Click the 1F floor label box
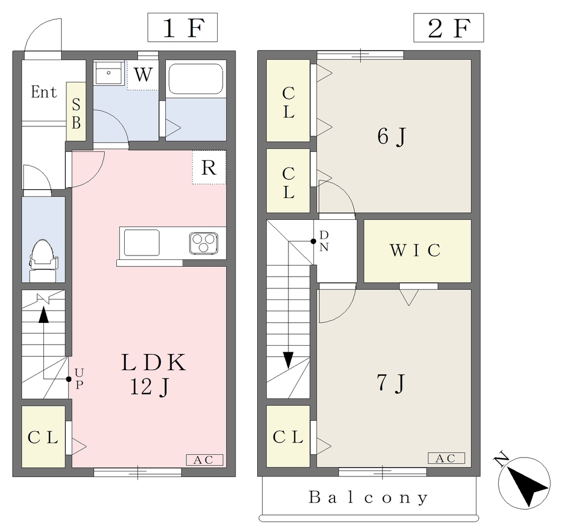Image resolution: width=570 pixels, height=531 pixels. point(182,27)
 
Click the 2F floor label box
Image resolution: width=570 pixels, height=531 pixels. point(448,28)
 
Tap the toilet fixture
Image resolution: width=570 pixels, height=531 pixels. point(43,260)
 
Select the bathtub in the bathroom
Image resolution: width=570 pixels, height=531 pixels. point(196,80)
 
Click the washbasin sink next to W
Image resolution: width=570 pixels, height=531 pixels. point(109,73)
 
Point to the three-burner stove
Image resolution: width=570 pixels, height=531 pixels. point(204,243)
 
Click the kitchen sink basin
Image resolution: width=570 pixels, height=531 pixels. point(142,243)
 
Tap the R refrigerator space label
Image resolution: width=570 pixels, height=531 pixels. point(209,168)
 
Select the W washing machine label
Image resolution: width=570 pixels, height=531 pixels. point(143,75)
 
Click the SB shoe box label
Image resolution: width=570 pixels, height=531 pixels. point(76,114)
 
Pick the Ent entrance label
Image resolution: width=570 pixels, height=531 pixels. point(43,92)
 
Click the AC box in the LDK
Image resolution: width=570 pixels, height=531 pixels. point(204,460)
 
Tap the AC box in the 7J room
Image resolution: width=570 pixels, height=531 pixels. point(446,458)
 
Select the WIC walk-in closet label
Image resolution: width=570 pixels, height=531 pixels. point(415,250)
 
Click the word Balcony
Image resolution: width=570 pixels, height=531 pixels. point(368,497)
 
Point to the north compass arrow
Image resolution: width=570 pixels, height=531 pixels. point(524,483)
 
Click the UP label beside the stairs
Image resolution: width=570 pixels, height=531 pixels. point(79,378)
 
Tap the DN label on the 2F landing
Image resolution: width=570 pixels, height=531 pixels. point(324,241)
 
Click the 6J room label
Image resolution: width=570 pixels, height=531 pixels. point(391,137)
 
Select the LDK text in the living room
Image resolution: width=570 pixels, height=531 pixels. point(154,362)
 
